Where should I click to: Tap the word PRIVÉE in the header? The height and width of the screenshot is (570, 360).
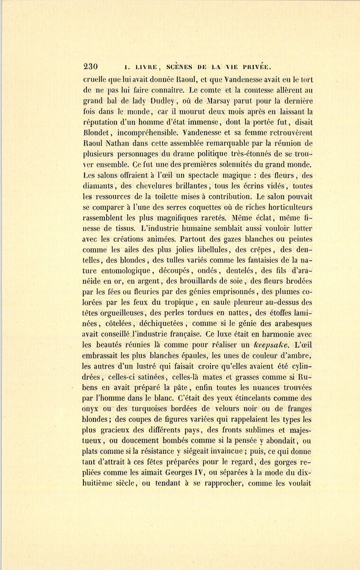255,66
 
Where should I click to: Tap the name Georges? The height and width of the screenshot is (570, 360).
181,473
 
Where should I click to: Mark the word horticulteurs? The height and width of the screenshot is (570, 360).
287,207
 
